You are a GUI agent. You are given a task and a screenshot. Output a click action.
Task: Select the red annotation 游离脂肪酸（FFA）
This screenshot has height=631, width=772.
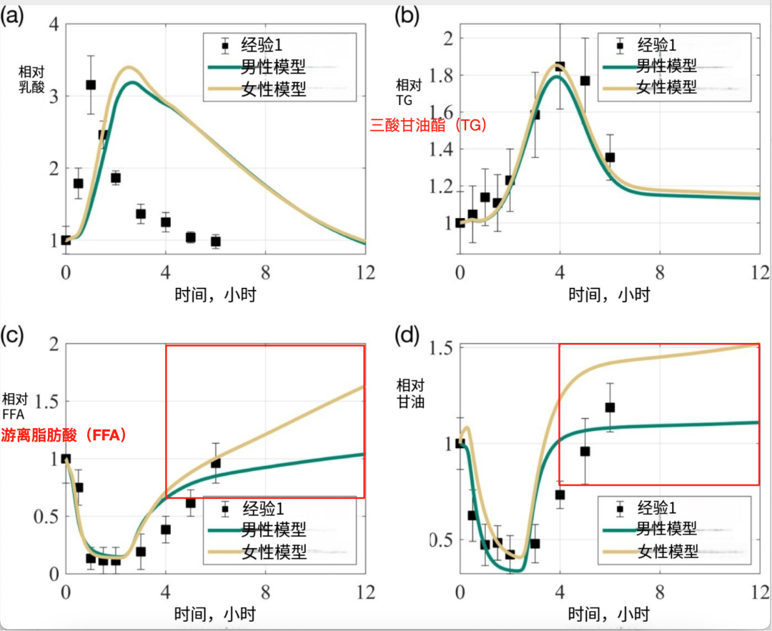pyautogui.click(x=64, y=434)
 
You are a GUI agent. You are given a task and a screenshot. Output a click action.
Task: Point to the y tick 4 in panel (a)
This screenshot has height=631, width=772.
pyautogui.click(x=52, y=24)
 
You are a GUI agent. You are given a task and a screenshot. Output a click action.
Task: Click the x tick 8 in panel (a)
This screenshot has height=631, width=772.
pyautogui.click(x=265, y=272)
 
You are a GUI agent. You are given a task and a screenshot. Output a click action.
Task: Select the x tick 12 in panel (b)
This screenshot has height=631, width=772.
pyautogui.click(x=758, y=273)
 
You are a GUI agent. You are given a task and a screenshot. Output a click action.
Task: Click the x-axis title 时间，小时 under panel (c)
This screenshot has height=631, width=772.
pyautogui.click(x=214, y=613)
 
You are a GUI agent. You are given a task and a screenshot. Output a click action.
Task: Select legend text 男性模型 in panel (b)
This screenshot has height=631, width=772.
pyautogui.click(x=667, y=66)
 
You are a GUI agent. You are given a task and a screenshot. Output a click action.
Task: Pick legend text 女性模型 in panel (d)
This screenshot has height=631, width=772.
pyautogui.click(x=668, y=550)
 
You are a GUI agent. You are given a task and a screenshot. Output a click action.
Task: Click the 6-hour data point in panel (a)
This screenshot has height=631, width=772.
pyautogui.click(x=215, y=242)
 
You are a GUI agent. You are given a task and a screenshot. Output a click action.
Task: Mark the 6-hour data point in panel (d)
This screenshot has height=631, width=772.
pyautogui.click(x=610, y=407)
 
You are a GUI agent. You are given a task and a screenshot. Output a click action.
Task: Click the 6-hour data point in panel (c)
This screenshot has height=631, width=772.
pyautogui.click(x=215, y=463)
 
